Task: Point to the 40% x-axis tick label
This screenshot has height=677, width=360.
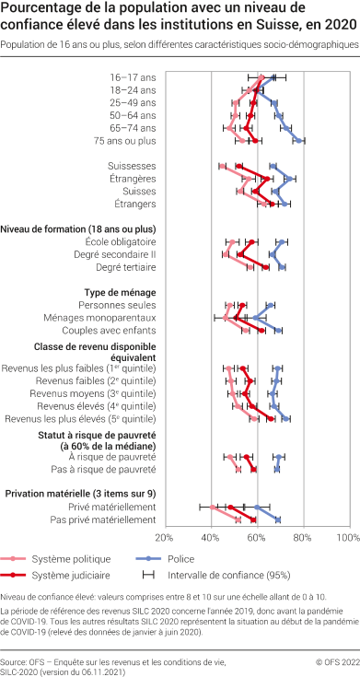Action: click(x=211, y=538)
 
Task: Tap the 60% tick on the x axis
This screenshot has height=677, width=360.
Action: click(x=257, y=538)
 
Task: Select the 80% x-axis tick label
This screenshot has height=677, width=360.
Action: click(x=303, y=538)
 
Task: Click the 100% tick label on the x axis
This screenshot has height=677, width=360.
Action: click(x=346, y=538)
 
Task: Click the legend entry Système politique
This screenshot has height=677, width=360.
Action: click(x=71, y=559)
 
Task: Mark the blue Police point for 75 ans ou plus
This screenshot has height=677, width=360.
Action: click(x=301, y=141)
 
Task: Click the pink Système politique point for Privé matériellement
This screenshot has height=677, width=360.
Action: click(x=213, y=507)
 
